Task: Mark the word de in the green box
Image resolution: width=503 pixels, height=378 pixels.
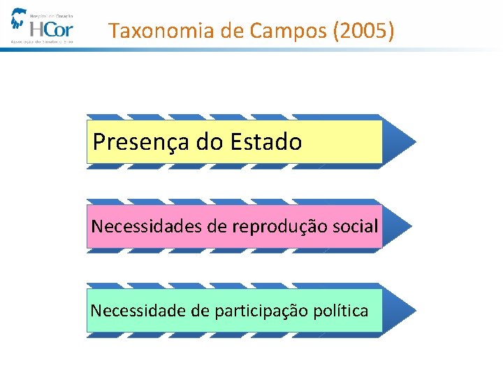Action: click(199, 311)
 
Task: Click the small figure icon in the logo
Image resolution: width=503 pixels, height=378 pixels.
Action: click(18, 19)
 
